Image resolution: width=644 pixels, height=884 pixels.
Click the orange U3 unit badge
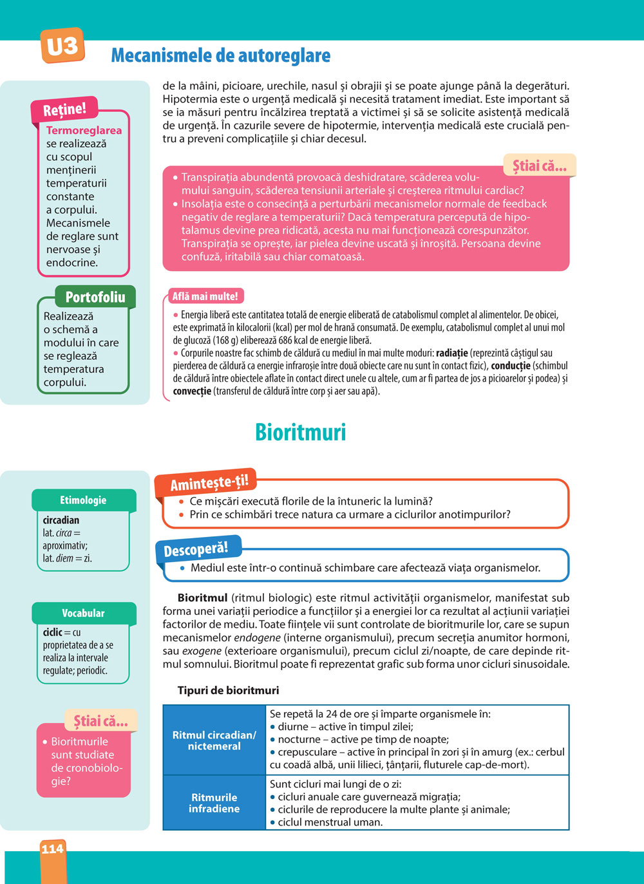click(62, 46)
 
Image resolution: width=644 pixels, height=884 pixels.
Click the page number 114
click(52, 849)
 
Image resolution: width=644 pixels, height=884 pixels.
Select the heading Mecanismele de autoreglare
click(220, 55)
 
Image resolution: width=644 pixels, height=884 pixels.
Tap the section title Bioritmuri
click(300, 431)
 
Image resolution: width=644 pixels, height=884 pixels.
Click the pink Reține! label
click(64, 109)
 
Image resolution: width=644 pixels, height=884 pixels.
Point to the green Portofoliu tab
click(95, 297)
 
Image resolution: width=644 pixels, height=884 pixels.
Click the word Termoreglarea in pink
click(84, 130)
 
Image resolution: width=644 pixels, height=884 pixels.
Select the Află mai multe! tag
click(205, 296)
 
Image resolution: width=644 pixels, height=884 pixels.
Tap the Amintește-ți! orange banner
click(209, 482)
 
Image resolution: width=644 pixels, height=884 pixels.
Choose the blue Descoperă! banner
click(196, 550)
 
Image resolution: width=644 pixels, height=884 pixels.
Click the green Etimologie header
click(83, 500)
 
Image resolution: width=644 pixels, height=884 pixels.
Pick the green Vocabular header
click(83, 613)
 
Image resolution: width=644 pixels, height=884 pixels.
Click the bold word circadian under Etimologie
click(61, 520)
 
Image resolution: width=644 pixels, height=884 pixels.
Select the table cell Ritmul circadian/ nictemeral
click(214, 740)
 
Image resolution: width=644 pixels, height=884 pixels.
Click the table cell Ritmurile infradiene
click(214, 803)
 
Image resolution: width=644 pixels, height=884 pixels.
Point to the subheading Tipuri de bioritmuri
click(228, 690)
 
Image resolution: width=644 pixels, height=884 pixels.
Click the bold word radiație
click(451, 353)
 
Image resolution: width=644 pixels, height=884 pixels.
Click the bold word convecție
click(192, 391)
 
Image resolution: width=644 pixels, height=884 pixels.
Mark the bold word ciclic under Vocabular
click(53, 632)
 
